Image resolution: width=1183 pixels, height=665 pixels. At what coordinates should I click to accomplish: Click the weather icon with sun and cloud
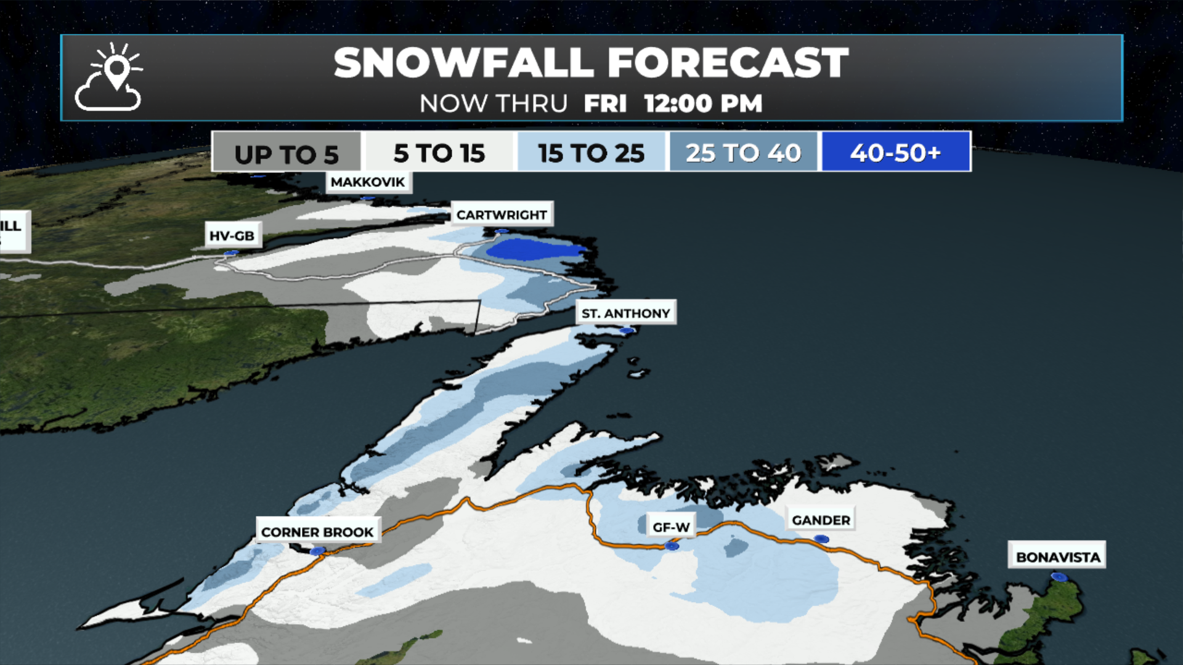(x=108, y=78)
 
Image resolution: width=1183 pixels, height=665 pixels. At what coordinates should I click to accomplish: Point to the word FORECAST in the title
(x=728, y=63)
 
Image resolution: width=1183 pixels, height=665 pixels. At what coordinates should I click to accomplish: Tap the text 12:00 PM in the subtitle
(x=703, y=103)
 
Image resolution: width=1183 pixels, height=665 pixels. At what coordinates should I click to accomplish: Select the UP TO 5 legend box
(x=286, y=153)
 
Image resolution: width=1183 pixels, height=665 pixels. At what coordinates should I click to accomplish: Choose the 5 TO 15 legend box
(x=439, y=153)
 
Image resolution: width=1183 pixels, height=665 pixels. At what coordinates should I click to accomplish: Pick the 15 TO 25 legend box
(x=591, y=153)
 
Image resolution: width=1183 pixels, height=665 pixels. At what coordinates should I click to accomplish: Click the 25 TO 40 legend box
(x=743, y=153)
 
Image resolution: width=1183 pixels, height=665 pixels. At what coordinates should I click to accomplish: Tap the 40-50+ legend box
(x=895, y=152)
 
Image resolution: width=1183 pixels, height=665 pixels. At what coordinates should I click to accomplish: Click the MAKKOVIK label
(x=368, y=182)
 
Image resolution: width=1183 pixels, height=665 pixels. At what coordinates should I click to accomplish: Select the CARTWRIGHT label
(x=502, y=215)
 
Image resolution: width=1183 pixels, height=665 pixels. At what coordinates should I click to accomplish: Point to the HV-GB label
(x=232, y=236)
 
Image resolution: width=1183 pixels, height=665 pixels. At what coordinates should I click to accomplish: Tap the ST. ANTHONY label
(x=625, y=313)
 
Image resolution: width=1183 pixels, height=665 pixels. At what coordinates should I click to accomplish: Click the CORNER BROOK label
(x=317, y=532)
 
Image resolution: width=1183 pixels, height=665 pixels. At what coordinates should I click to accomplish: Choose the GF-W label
(x=671, y=528)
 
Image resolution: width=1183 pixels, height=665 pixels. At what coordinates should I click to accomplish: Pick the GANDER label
(x=821, y=520)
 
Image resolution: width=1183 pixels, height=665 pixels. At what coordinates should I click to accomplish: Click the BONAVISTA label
(x=1057, y=557)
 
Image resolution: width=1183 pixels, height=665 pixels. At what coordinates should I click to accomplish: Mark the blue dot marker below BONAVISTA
(x=1059, y=577)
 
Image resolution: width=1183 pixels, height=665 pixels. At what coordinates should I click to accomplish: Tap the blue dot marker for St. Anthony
(x=627, y=331)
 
